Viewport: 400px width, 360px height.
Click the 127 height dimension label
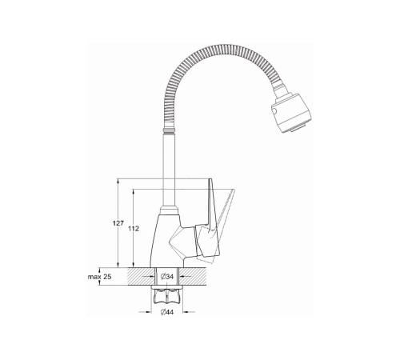(x=118, y=222)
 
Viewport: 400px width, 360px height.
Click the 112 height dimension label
(x=134, y=229)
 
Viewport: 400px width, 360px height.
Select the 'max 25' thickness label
(x=99, y=277)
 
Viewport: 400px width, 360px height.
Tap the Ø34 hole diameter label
(x=167, y=277)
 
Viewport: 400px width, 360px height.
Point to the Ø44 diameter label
(x=167, y=312)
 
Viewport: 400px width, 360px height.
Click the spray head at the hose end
(x=291, y=113)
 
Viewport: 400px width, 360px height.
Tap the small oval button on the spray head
(x=274, y=111)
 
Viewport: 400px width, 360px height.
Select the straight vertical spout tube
(x=169, y=170)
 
